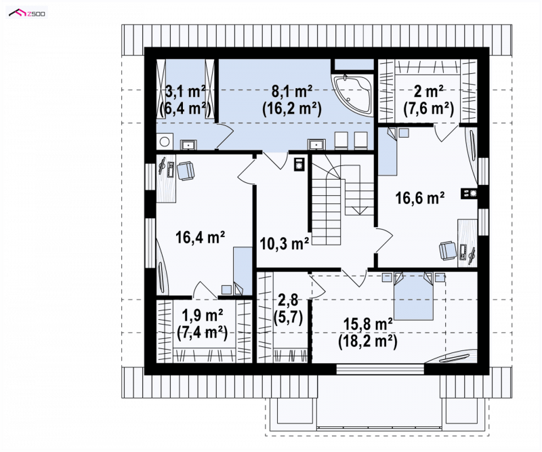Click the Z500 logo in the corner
[x=27, y=13]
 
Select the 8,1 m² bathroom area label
[x=292, y=92]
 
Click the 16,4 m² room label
[x=200, y=237]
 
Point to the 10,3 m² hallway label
[x=284, y=244]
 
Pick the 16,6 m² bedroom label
[x=419, y=199]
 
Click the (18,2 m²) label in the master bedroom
[x=367, y=342]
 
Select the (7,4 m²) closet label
[x=202, y=333]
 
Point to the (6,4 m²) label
[x=186, y=108]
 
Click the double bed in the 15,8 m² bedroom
[x=414, y=296]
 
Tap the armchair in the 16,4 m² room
[x=185, y=171]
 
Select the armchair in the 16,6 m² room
[x=448, y=250]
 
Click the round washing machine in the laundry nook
[x=165, y=142]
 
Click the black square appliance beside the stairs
[x=298, y=164]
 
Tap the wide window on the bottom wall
[x=380, y=369]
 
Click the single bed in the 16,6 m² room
[x=387, y=152]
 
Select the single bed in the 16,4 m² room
[x=243, y=271]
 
